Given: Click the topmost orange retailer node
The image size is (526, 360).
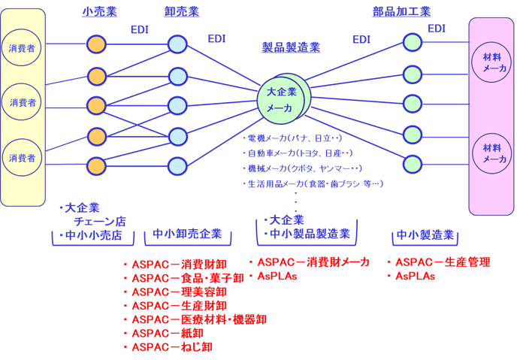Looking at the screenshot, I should click(x=96, y=44).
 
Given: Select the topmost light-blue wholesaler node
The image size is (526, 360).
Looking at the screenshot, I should click(x=177, y=44).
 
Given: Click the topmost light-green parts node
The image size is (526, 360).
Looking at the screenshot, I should click(x=412, y=41).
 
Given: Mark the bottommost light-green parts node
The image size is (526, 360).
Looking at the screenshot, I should click(x=412, y=163).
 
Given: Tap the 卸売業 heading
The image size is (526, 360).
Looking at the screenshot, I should click(x=181, y=11).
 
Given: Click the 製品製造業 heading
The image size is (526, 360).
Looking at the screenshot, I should click(x=291, y=47).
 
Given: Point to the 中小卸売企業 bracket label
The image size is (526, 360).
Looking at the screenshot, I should click(x=187, y=234).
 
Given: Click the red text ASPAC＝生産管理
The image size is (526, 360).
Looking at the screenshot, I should click(x=443, y=262).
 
